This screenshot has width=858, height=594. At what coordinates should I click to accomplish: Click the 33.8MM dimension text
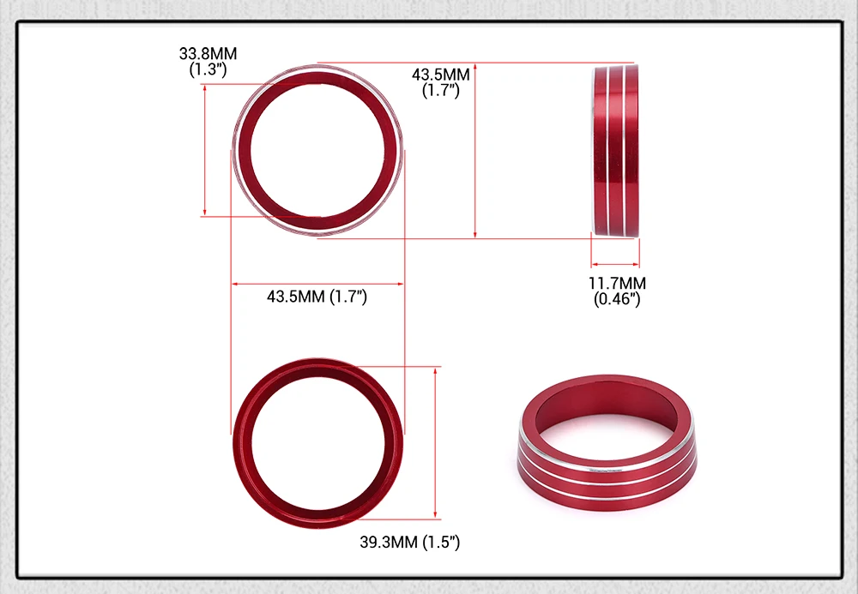(208, 53)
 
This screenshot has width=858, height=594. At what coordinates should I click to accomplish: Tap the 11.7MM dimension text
(617, 283)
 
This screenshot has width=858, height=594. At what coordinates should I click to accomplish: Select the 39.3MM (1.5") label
(410, 542)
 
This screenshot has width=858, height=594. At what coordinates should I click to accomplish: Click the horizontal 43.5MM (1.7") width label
(317, 297)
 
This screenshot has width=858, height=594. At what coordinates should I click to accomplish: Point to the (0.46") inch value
(617, 299)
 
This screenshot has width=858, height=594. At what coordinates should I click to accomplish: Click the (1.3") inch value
(208, 69)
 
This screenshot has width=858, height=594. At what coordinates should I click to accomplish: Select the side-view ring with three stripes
(615, 150)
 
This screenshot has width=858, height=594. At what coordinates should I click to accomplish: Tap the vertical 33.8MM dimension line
(205, 150)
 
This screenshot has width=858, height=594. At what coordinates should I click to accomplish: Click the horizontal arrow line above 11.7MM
(615, 265)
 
